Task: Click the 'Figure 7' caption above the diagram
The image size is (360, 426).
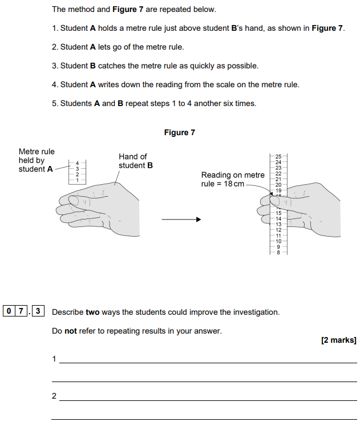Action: [179, 133]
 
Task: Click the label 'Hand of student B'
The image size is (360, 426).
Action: [135, 161]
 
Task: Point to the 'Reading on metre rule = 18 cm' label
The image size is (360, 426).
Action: [232, 180]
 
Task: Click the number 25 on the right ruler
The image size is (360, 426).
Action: [278, 156]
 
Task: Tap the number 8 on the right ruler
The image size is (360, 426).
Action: [278, 252]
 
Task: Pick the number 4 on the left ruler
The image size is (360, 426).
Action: [78, 164]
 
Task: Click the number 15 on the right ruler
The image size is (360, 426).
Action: [278, 213]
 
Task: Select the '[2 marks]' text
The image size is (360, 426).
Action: [339, 340]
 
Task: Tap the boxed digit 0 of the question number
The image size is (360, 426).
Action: [9, 311]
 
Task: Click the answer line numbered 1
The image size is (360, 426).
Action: [208, 362]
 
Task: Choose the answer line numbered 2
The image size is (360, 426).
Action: [208, 400]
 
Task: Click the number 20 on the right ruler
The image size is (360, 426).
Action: [278, 185]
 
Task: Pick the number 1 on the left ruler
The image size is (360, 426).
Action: [78, 180]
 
